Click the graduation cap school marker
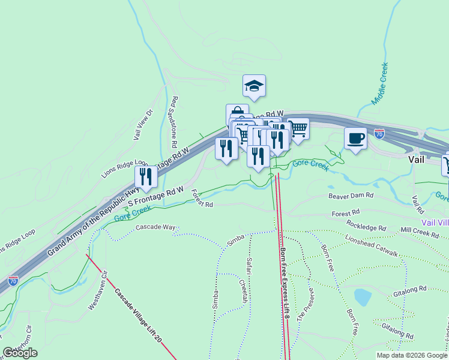(x=255, y=86)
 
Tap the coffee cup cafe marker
(x=355, y=138)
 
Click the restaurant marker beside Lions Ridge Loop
(x=146, y=176)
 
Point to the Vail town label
(x=417, y=160)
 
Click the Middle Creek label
(x=379, y=83)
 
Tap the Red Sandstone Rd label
(x=173, y=122)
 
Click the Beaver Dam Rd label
(x=351, y=196)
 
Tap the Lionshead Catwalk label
(x=371, y=246)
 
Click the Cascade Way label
(x=155, y=227)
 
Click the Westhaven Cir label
(x=97, y=292)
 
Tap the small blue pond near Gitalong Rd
(x=363, y=297)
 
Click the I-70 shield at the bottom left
(x=13, y=280)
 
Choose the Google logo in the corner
(x=20, y=353)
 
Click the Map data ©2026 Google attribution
(x=412, y=355)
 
